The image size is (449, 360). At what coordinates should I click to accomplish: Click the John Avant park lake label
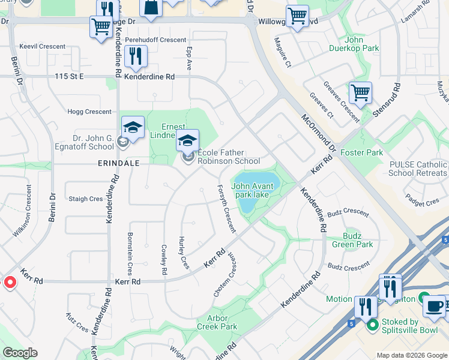tap(253, 190)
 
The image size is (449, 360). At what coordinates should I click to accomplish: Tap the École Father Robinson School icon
tap(187, 142)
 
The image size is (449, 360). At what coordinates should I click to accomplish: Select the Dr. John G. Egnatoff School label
tap(85, 142)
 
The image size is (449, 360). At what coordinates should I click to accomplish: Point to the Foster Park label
tap(362, 153)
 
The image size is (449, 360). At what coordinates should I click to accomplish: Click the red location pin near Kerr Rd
tap(10, 282)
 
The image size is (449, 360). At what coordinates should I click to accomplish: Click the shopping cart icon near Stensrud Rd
tap(360, 93)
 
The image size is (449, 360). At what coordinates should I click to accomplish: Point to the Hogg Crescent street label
tap(90, 112)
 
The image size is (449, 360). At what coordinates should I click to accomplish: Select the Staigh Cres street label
tap(86, 199)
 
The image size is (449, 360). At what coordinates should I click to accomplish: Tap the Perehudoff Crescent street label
tap(156, 40)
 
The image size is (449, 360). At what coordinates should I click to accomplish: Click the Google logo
tap(20, 353)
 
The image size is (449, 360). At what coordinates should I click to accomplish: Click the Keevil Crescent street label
tap(42, 46)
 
